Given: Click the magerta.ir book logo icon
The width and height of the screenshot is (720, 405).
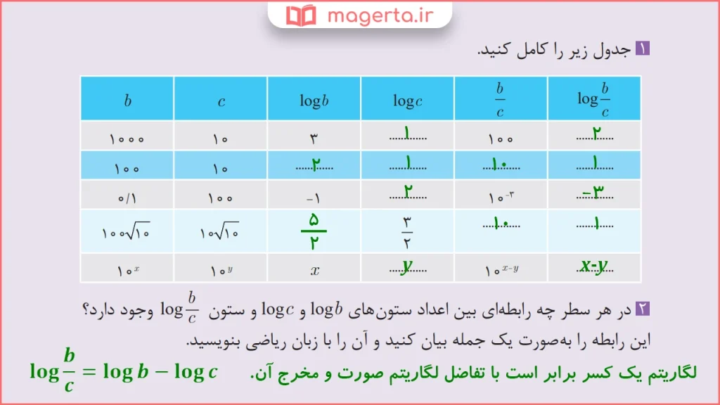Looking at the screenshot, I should [302, 15].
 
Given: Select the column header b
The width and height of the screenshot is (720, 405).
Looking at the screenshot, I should [127, 100].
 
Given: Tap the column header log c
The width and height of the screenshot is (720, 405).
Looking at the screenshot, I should [408, 101].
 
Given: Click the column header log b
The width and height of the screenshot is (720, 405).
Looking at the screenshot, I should [314, 101].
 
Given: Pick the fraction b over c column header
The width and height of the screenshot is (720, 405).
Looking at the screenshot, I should [500, 99].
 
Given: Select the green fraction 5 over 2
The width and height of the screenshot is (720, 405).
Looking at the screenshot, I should [314, 230].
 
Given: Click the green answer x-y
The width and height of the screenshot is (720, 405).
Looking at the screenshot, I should [594, 266].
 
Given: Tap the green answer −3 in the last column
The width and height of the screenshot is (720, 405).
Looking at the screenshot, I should [594, 193].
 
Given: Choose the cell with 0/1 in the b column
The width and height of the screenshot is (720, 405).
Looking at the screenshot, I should [127, 195].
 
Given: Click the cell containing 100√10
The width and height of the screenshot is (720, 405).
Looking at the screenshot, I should [127, 231].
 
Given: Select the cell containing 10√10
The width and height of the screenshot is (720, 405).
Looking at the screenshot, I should [220, 231].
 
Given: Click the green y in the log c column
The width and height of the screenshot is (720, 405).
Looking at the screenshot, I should [406, 266].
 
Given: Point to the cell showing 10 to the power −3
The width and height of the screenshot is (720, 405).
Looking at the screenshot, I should [500, 195].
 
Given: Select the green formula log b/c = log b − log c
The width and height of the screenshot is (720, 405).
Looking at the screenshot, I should [124, 371].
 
